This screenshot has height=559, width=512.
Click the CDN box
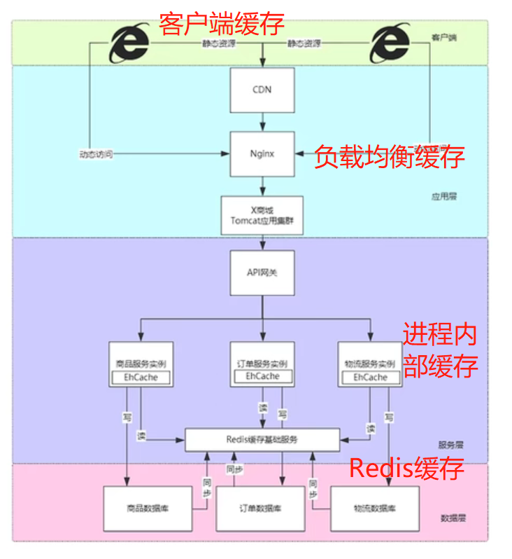262,90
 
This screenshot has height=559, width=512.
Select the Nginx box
262,153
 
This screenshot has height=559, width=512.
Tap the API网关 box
262,272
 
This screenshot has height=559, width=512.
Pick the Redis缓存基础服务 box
262,439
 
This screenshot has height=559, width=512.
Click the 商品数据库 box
146,509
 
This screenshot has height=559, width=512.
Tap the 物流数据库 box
374,509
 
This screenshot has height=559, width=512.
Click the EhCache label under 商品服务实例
141,378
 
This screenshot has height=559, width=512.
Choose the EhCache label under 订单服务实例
262,377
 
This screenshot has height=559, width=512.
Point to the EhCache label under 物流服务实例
370,378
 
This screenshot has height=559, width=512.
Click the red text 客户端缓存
222,23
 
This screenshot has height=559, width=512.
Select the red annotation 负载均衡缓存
389,157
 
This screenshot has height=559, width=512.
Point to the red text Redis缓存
406,468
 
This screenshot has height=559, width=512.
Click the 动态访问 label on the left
96,153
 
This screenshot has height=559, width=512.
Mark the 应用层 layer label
443,197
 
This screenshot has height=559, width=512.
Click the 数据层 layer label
453,519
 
